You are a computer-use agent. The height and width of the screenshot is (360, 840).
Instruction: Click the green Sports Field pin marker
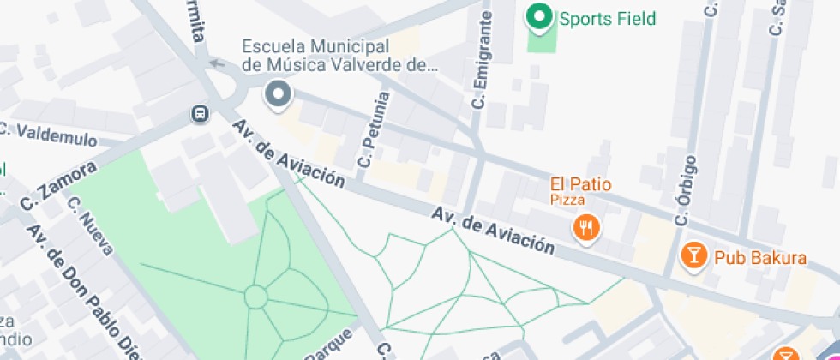coord(539,16)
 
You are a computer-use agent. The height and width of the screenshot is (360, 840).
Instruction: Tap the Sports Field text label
coord(607,18)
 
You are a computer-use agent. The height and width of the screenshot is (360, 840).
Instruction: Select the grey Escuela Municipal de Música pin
coord(278,94)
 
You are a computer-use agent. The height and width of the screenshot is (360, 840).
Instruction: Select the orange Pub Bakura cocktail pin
coord(693,254)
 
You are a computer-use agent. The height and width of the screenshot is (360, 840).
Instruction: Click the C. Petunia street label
coord(375,129)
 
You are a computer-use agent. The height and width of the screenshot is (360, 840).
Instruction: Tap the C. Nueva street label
coord(90,226)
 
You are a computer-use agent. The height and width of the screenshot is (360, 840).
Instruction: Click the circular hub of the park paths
coord(255,297)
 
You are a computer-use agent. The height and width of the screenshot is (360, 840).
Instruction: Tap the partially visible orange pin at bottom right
coord(786,355)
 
